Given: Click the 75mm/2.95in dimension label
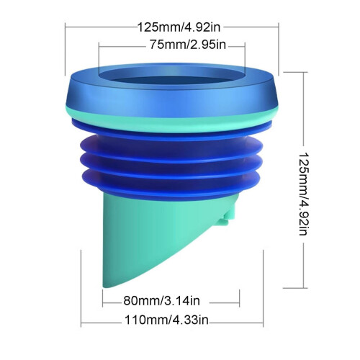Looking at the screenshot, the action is tap(188, 45).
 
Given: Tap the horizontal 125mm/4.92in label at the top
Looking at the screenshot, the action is tap(179, 27).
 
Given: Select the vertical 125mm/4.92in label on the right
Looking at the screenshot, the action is tap(302, 194).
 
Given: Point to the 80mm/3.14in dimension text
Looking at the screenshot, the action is tap(161, 301).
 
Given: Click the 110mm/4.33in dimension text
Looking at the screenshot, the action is tap(166, 320).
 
